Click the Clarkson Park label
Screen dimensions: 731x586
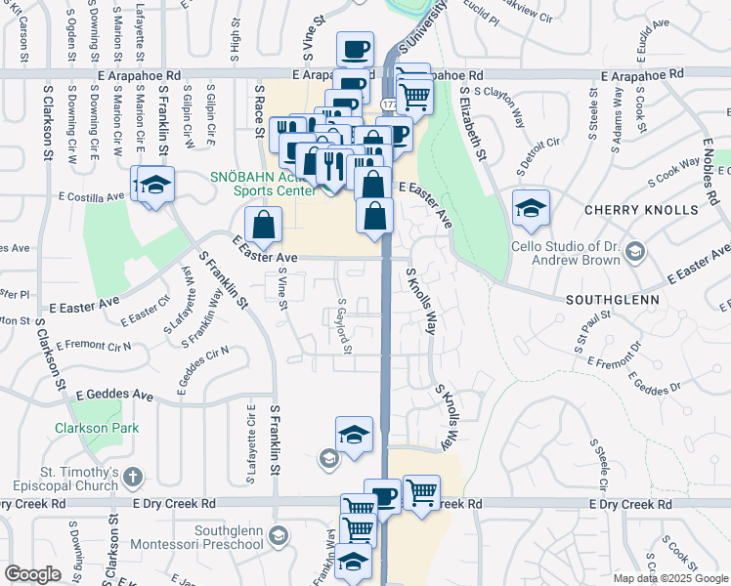pyautogui.click(x=97, y=428)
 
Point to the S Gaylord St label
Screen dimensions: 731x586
pyautogui.click(x=343, y=326)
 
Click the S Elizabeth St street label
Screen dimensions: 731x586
pyautogui.click(x=476, y=123)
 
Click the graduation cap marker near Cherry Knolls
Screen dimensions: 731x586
pyautogui.click(x=531, y=207)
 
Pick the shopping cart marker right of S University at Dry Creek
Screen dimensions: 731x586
pyautogui.click(x=421, y=491)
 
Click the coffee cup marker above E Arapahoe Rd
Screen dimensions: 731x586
pyautogui.click(x=355, y=48)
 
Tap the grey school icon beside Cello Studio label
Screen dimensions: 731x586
pyautogui.click(x=634, y=253)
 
